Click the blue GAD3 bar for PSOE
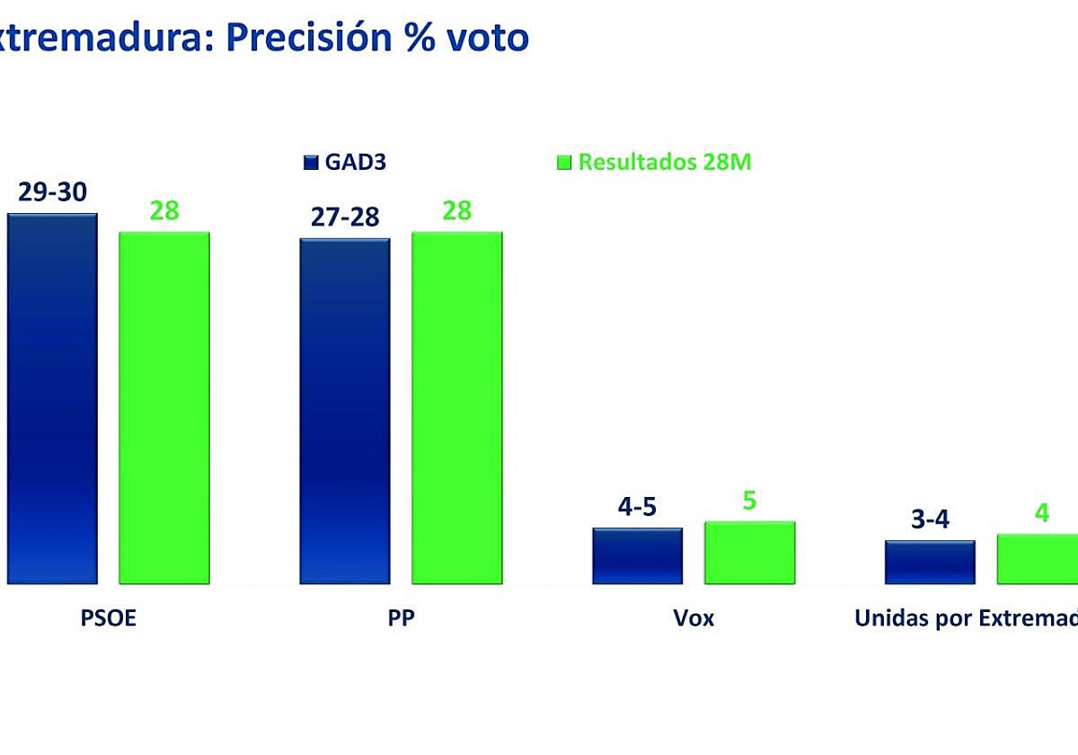pyautogui.click(x=52, y=399)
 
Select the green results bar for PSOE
pyautogui.click(x=164, y=408)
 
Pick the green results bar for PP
pyautogui.click(x=457, y=408)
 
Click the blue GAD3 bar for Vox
pyautogui.click(x=637, y=556)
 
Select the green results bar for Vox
pyautogui.click(x=749, y=553)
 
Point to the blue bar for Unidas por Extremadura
pyautogui.click(x=930, y=563)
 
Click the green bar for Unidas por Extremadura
pyautogui.click(x=1038, y=559)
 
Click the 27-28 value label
pyautogui.click(x=345, y=218)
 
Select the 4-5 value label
pyautogui.click(x=637, y=507)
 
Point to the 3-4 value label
pyautogui.click(x=930, y=520)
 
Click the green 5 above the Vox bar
pyautogui.click(x=749, y=501)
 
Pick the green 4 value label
pyautogui.click(x=1041, y=513)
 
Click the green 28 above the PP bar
pyautogui.click(x=457, y=210)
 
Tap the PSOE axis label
pyautogui.click(x=108, y=618)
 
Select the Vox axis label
pyautogui.click(x=694, y=618)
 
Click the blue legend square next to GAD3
pyautogui.click(x=311, y=163)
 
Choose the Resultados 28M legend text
pyautogui.click(x=665, y=163)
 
